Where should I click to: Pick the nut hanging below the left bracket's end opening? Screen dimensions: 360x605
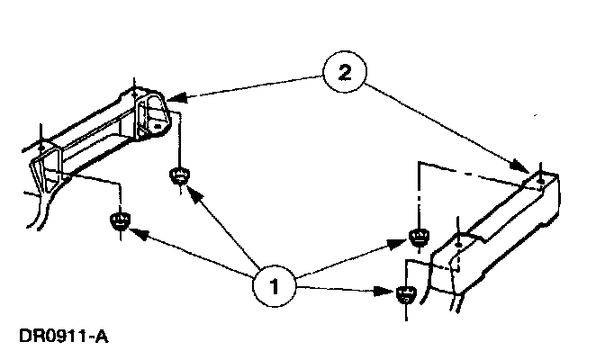pos(179,174)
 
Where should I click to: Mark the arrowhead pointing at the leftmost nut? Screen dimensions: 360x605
pos(135,231)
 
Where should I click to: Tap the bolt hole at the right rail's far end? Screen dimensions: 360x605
pos(537,182)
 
